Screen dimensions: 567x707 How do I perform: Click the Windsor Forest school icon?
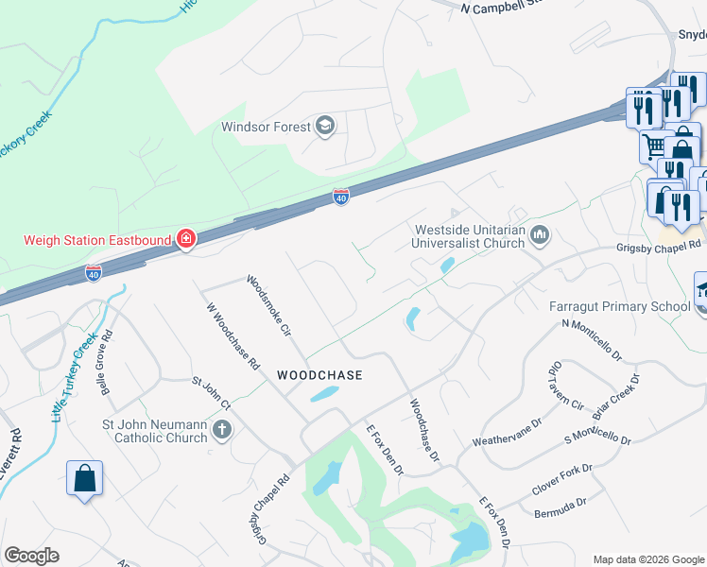(325, 127)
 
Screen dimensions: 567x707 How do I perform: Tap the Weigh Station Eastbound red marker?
(186, 238)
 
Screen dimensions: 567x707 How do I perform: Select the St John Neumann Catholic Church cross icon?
(222, 431)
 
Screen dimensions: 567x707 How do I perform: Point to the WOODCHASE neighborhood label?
(319, 375)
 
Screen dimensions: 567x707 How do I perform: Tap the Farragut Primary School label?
(618, 306)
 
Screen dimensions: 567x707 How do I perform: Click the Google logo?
(31, 556)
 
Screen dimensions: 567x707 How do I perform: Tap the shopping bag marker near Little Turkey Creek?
(84, 479)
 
